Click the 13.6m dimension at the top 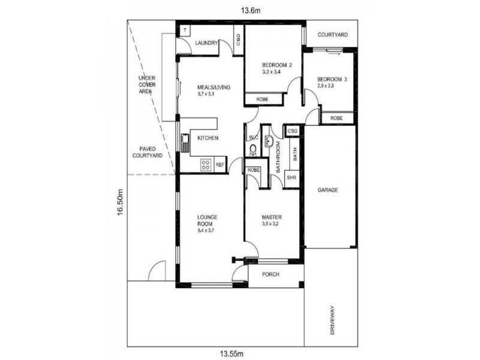point(241,10)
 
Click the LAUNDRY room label point(207,43)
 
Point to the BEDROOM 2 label point(277,65)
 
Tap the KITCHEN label point(208,139)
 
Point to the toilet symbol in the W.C point(253,149)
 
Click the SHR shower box point(292,178)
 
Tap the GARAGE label point(328,190)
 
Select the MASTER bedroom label point(271,217)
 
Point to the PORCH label point(272,275)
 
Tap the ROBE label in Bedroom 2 point(262,99)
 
